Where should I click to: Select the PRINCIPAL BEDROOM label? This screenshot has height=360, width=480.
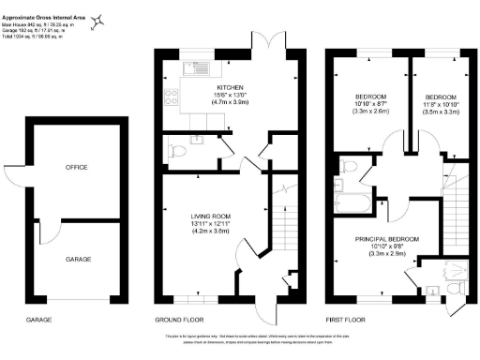387,239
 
